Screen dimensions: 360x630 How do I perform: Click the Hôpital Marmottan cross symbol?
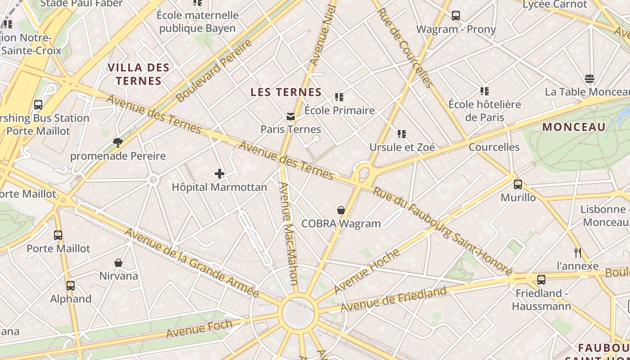click(x=220, y=174)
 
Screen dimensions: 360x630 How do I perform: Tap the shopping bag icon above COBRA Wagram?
click(x=341, y=210)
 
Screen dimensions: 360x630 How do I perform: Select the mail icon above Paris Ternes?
click(x=291, y=117)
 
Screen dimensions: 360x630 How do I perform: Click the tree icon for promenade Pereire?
click(x=118, y=143)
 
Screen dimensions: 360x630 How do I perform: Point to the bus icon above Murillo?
click(x=518, y=184)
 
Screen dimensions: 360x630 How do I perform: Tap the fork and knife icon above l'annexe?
click(x=578, y=253)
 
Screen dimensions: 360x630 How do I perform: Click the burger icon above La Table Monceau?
click(x=589, y=79)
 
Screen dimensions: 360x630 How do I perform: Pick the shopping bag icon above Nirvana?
click(x=118, y=263)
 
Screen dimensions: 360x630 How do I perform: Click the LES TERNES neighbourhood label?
click(x=286, y=93)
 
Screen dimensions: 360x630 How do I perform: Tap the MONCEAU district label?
click(x=574, y=127)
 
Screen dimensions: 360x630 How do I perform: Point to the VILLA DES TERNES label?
click(x=139, y=75)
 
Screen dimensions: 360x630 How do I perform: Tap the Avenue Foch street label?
click(x=199, y=328)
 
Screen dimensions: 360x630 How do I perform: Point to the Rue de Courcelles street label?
click(x=405, y=47)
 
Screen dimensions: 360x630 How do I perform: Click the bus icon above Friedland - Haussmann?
click(x=541, y=280)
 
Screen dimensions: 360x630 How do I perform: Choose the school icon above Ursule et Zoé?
click(x=402, y=134)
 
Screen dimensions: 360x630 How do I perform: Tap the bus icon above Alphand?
click(x=71, y=285)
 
